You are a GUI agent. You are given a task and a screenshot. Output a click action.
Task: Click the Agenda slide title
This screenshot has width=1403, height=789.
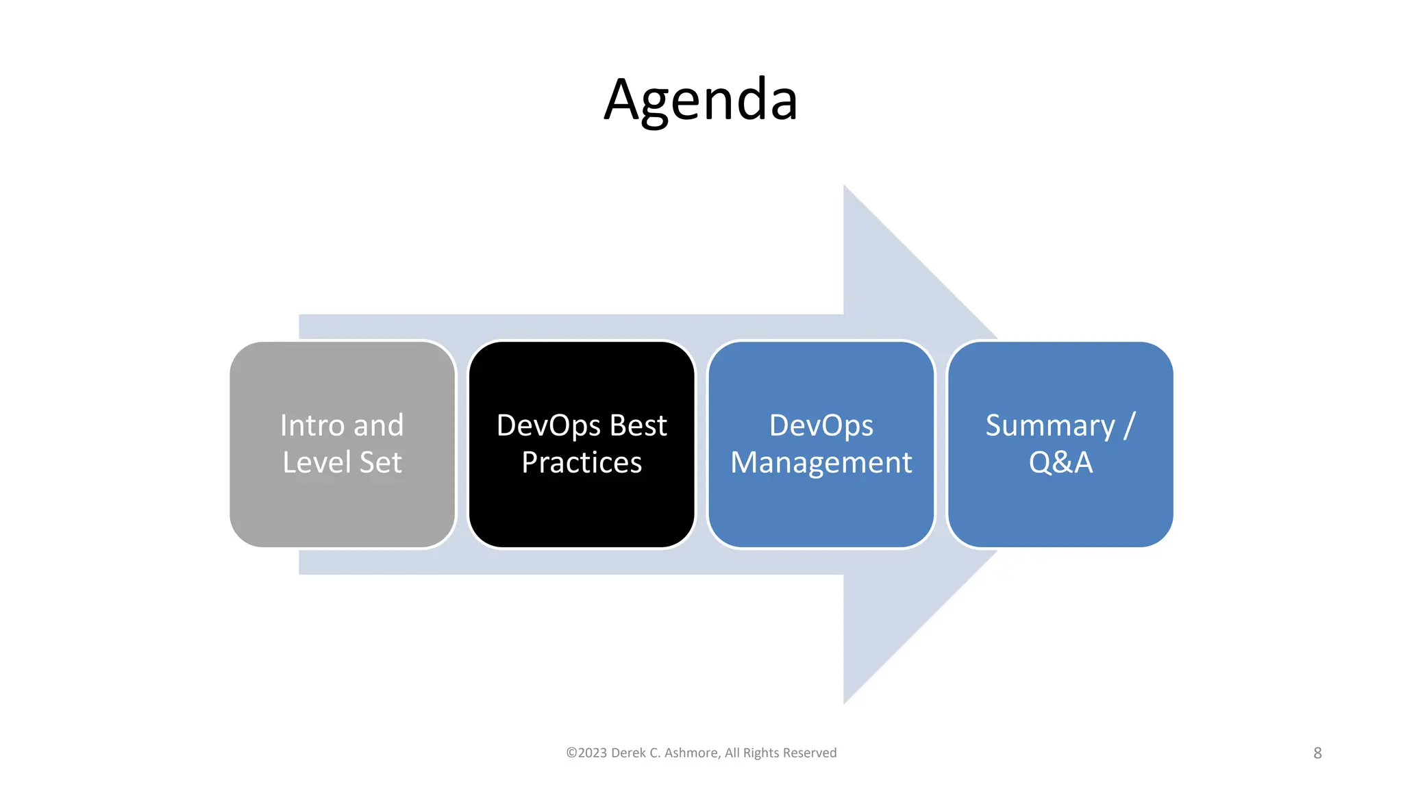click(x=700, y=101)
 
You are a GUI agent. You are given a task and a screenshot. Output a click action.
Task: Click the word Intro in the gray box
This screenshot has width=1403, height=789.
click(x=312, y=425)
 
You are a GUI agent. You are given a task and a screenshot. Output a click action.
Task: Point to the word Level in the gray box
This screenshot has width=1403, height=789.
click(x=316, y=462)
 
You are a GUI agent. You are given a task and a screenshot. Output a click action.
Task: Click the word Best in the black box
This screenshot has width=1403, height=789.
click(x=638, y=425)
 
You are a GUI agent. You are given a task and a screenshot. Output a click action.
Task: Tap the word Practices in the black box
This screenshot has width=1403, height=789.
click(x=582, y=463)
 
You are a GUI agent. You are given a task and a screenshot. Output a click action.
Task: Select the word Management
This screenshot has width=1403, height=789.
click(x=821, y=463)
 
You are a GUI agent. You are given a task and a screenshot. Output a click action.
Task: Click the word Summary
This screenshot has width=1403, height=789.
click(x=1050, y=426)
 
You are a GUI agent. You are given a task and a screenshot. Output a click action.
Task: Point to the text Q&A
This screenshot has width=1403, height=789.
click(x=1060, y=462)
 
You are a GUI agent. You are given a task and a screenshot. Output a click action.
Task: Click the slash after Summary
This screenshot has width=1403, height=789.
click(x=1129, y=425)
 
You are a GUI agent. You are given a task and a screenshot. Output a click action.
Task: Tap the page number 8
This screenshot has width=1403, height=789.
click(x=1317, y=753)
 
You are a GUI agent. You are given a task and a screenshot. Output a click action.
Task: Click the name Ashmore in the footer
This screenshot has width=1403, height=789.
click(x=691, y=753)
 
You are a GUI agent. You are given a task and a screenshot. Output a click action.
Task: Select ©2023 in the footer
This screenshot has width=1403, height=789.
click(x=586, y=753)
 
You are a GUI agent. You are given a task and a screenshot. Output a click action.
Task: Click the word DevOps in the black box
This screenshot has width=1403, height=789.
click(x=549, y=425)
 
